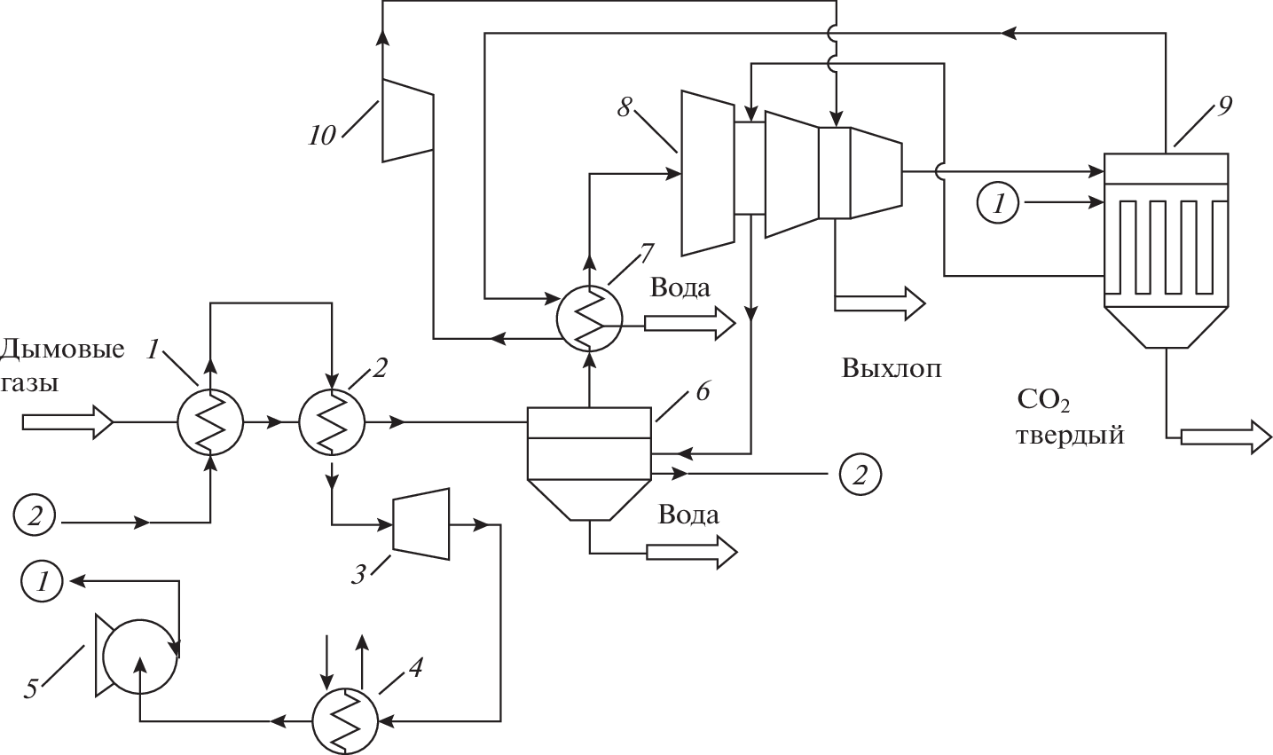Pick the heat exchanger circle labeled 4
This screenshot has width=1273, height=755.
pos(343,720)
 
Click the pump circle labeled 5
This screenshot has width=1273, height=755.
pos(139,657)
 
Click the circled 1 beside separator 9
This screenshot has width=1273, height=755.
pos(998,204)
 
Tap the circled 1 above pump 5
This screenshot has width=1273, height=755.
pos(43,582)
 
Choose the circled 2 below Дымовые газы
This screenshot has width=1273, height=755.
pos(35,515)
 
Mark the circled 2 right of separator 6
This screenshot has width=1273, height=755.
pos(859,473)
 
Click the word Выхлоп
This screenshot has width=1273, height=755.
pos(891,368)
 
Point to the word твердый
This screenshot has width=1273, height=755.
pos(1070,436)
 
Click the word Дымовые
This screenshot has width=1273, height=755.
pos(62,349)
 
